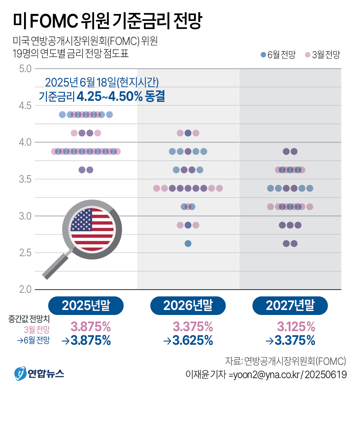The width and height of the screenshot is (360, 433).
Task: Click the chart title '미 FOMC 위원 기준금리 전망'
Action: [108, 22]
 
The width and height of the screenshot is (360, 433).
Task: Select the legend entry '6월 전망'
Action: [278, 55]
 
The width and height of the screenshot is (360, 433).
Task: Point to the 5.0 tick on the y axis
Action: [25, 68]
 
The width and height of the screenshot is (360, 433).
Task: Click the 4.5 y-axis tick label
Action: [25, 105]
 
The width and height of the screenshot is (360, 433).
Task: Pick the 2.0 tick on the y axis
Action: [25, 289]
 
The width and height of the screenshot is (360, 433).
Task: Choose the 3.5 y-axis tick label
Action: [25, 179]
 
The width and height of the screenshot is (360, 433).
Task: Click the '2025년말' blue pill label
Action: [86, 306]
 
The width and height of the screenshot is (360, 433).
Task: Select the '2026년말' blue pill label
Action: [188, 306]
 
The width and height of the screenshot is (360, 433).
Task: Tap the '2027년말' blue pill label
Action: [290, 306]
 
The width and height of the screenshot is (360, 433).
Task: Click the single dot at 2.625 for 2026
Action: [188, 244]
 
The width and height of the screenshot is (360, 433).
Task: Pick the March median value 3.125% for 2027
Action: [296, 327]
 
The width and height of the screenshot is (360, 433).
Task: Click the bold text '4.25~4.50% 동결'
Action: [120, 97]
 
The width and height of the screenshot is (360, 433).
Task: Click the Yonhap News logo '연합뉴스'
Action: [39, 374]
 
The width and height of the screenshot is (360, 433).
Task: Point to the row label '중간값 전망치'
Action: [29, 319]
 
